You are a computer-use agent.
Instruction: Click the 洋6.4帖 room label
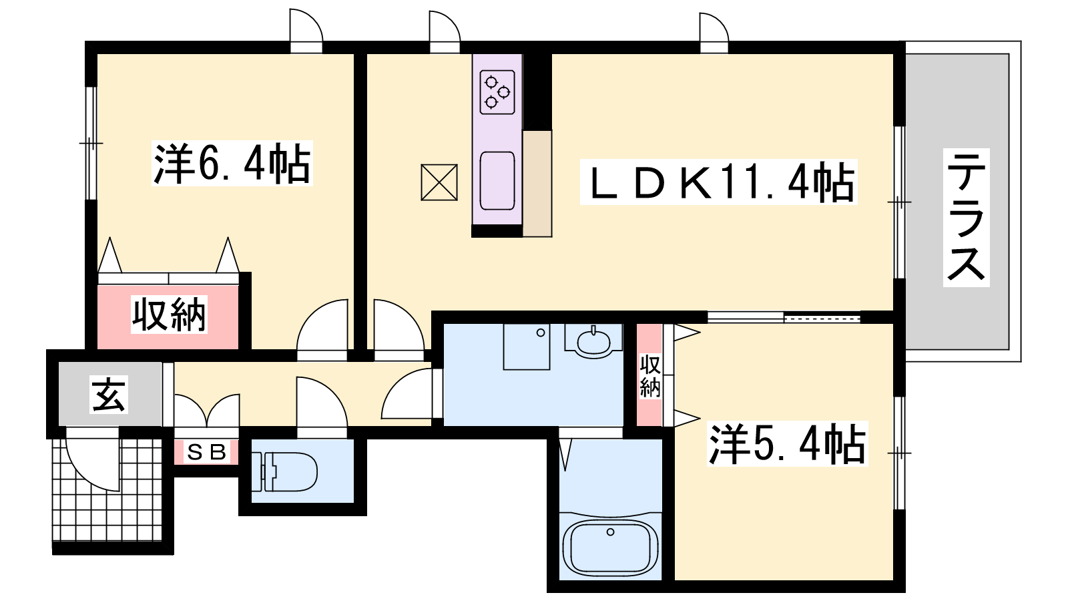[x=232, y=163]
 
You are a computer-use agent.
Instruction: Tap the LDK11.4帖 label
[x=718, y=182]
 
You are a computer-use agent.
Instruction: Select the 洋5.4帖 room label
[x=787, y=443]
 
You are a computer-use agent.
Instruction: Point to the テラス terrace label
[x=966, y=217]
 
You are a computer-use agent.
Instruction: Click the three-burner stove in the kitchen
[x=497, y=92]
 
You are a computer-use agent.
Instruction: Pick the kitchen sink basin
[x=497, y=181]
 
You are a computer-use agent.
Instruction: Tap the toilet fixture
[x=284, y=471]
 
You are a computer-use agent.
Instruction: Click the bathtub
[x=610, y=548]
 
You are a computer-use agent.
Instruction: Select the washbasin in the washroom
[x=593, y=341]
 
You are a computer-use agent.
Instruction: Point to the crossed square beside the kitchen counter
[x=439, y=182]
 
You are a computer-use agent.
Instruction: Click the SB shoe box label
[x=206, y=451]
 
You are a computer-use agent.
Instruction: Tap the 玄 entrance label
[x=109, y=395]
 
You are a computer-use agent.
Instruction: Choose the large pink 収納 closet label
[x=169, y=315]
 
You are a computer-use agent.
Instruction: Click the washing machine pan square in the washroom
[x=527, y=347]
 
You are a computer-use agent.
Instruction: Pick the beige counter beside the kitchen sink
[x=537, y=184]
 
